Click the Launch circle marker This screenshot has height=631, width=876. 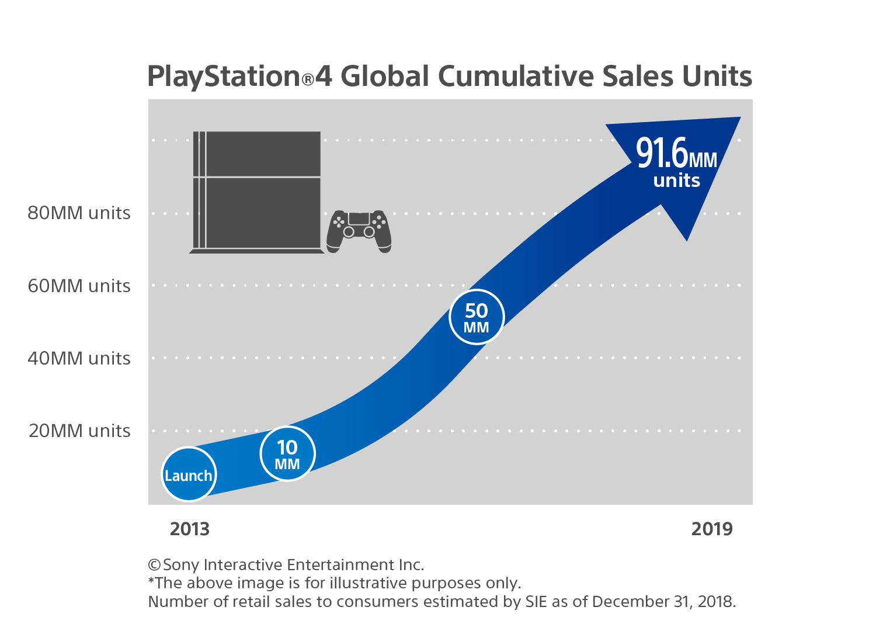[x=189, y=474]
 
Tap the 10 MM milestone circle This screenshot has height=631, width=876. [x=287, y=454]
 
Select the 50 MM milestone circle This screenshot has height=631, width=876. [x=477, y=317]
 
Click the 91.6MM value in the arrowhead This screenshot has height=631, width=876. [x=676, y=154]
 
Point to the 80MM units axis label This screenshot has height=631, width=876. [x=79, y=213]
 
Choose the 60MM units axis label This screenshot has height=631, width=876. [x=79, y=286]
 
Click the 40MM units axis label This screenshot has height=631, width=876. [x=79, y=358]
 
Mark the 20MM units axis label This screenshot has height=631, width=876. [x=79, y=431]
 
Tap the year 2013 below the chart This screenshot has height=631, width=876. [x=189, y=529]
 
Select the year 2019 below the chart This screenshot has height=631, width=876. [x=711, y=529]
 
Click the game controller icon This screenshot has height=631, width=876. [x=359, y=231]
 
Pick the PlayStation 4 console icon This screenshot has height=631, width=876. [x=257, y=192]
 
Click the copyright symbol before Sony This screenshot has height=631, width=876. [x=154, y=565]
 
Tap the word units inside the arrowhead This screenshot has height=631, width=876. [x=676, y=181]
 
